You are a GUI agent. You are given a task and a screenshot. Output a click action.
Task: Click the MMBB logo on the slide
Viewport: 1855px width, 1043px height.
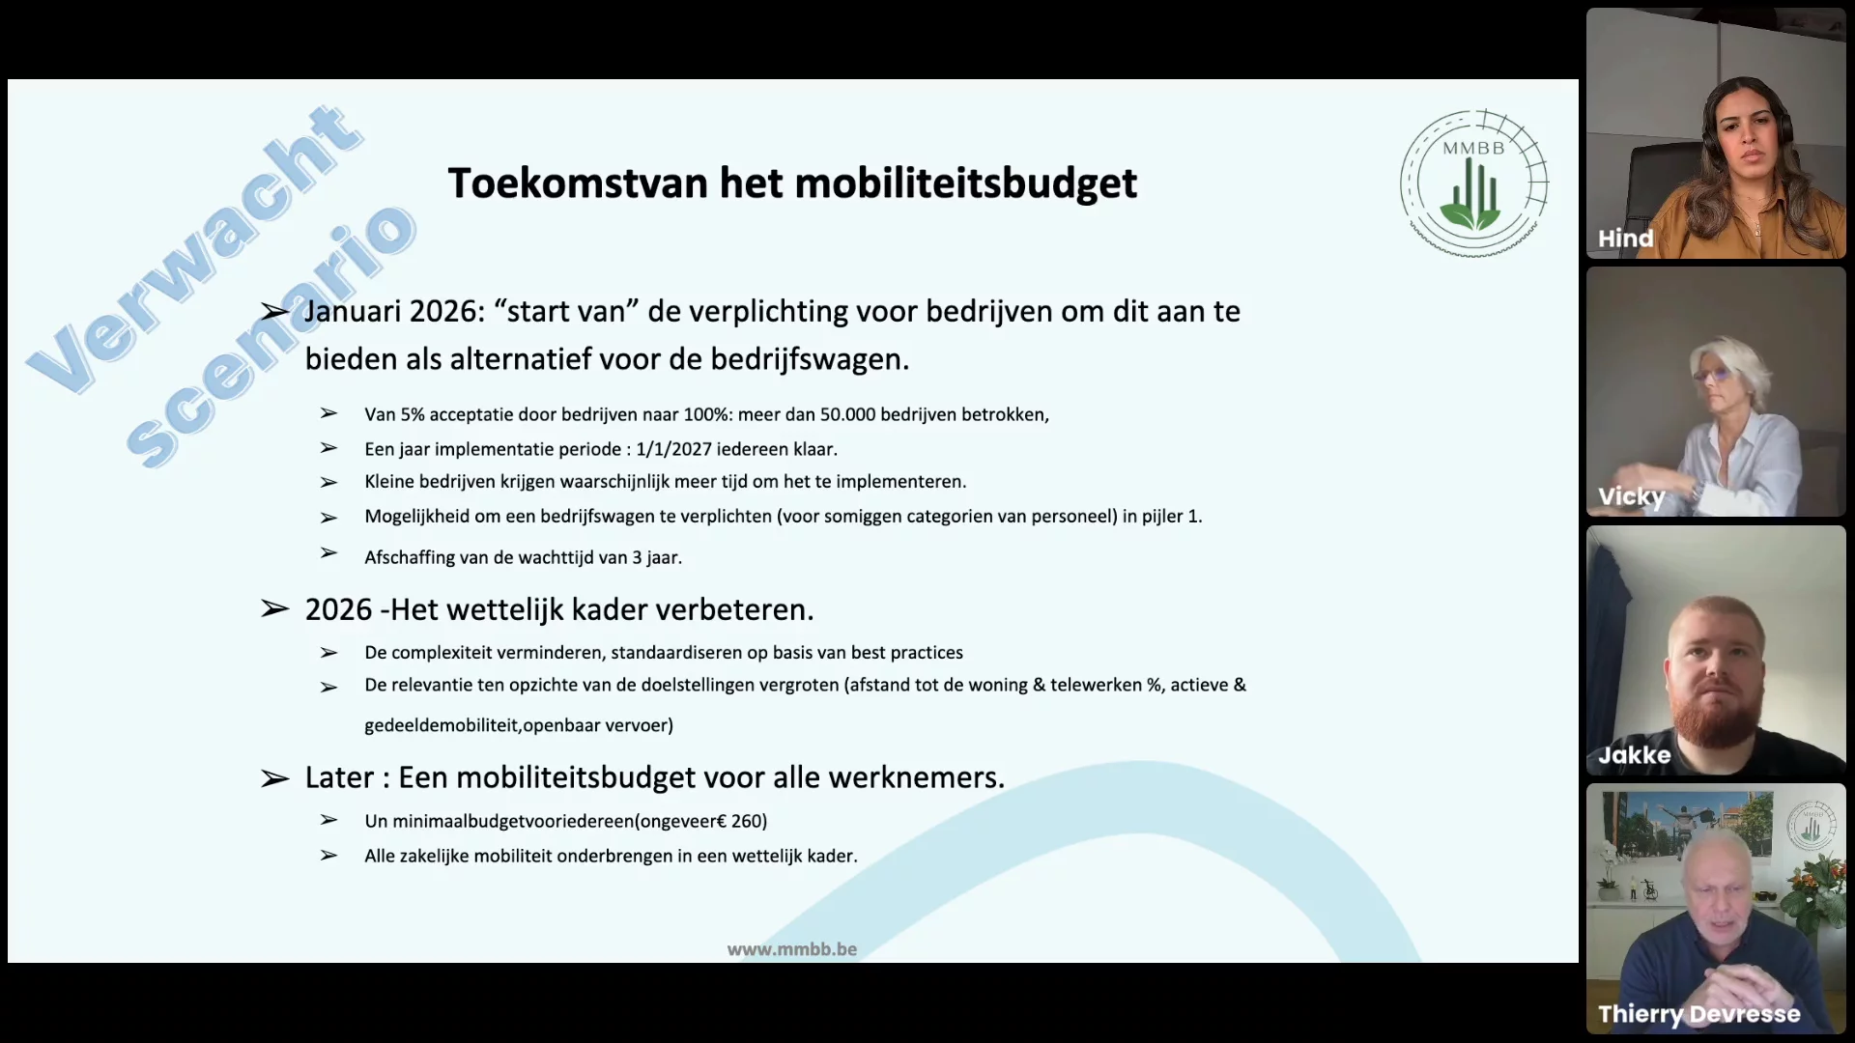click(x=1474, y=183)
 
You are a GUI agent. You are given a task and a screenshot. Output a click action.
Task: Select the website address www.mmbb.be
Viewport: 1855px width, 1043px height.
click(x=792, y=949)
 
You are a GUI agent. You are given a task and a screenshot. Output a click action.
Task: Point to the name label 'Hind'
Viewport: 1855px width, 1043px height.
click(x=1625, y=239)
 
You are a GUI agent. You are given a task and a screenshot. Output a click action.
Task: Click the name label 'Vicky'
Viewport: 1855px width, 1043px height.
click(x=1631, y=497)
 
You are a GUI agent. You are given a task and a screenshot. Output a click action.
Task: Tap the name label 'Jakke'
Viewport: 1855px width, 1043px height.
click(x=1634, y=755)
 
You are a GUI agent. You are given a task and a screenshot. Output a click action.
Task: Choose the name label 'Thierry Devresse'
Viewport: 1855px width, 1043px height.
click(x=1698, y=1014)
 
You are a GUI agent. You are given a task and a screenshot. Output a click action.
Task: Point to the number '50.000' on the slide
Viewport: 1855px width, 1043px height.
click(x=847, y=414)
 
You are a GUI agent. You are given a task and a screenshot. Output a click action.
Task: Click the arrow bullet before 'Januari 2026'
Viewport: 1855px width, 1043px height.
click(x=274, y=311)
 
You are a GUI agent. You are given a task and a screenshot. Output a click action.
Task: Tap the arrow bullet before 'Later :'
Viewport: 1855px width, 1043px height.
click(x=274, y=778)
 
